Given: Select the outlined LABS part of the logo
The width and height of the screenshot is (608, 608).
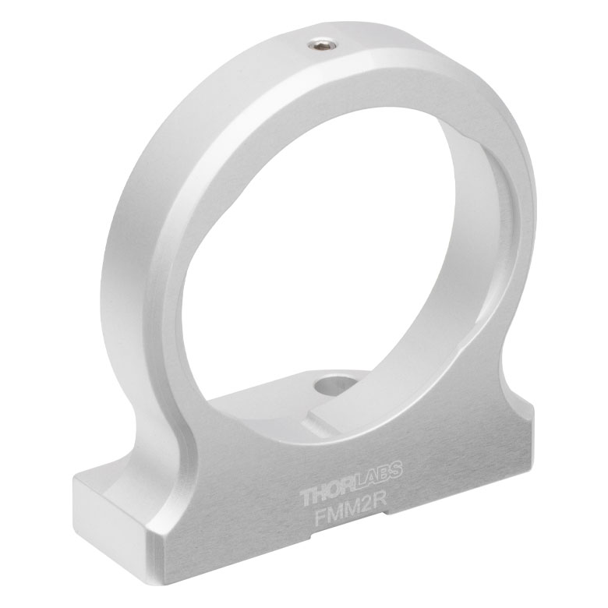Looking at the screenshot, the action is [378, 473].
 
